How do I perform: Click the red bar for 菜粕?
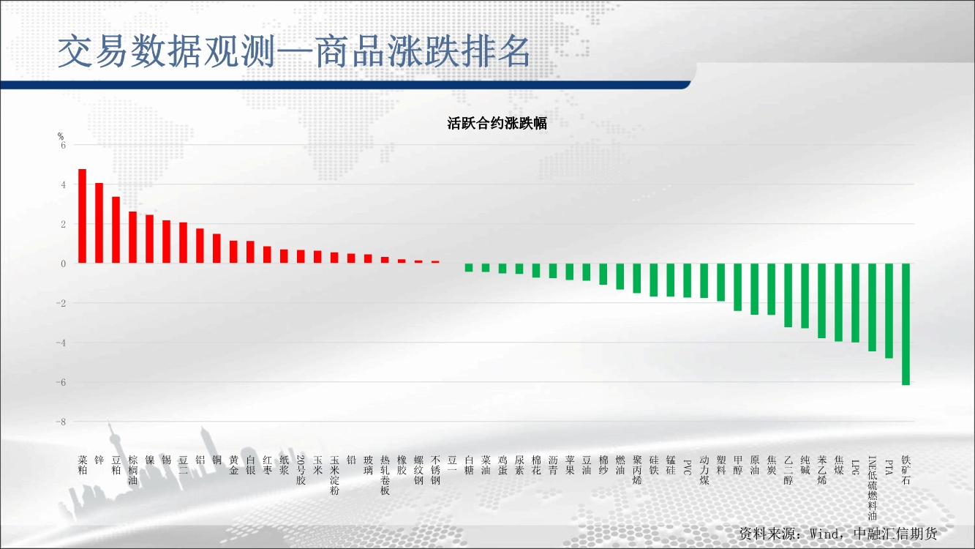click(x=82, y=216)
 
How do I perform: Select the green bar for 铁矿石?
click(x=906, y=324)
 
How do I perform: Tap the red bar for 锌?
click(x=99, y=223)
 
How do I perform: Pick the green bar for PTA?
click(x=889, y=310)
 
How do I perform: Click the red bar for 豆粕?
click(x=116, y=230)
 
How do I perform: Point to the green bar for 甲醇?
click(x=738, y=287)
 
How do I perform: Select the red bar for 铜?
click(x=217, y=248)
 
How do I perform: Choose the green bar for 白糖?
click(x=469, y=267)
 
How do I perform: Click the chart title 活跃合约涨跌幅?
click(x=497, y=123)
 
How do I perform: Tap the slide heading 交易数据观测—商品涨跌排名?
click(x=294, y=51)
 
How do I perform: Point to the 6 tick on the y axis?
click(x=63, y=145)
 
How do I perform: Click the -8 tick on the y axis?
click(x=61, y=422)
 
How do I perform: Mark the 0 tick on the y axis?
click(x=63, y=264)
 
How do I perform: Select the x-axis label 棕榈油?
click(x=133, y=470)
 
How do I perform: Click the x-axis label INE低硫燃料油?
click(x=873, y=488)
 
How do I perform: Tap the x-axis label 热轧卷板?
click(x=385, y=475)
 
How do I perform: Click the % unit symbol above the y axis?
click(x=61, y=136)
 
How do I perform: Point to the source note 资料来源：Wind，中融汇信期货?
click(x=838, y=534)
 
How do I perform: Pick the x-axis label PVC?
click(x=688, y=467)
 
